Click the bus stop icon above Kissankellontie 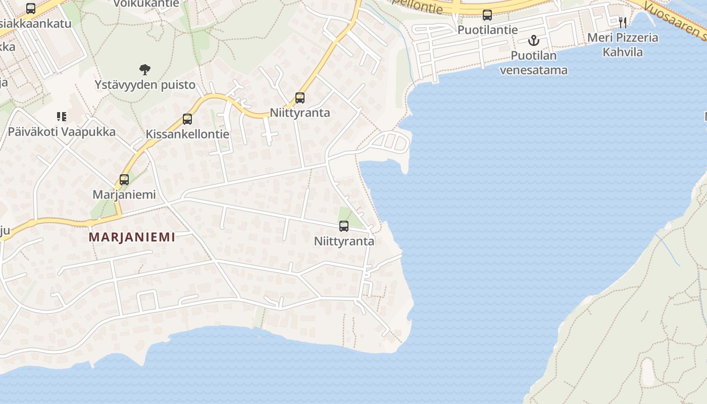(187, 119)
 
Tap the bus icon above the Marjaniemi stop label (124, 179)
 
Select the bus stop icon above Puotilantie (487, 15)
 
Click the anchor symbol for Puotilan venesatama (534, 40)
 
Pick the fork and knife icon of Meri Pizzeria (623, 22)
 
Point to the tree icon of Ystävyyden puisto (145, 70)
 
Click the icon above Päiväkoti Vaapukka (62, 117)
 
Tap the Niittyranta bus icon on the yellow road (300, 98)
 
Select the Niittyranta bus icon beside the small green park (344, 226)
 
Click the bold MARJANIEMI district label (132, 237)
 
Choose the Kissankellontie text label (187, 134)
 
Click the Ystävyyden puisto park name (145, 85)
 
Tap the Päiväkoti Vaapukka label (62, 132)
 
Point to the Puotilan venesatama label (534, 63)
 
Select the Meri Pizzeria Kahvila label (623, 44)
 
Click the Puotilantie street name (487, 30)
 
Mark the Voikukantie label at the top (146, 4)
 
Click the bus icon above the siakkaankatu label (31, 9)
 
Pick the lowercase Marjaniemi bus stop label (124, 194)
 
